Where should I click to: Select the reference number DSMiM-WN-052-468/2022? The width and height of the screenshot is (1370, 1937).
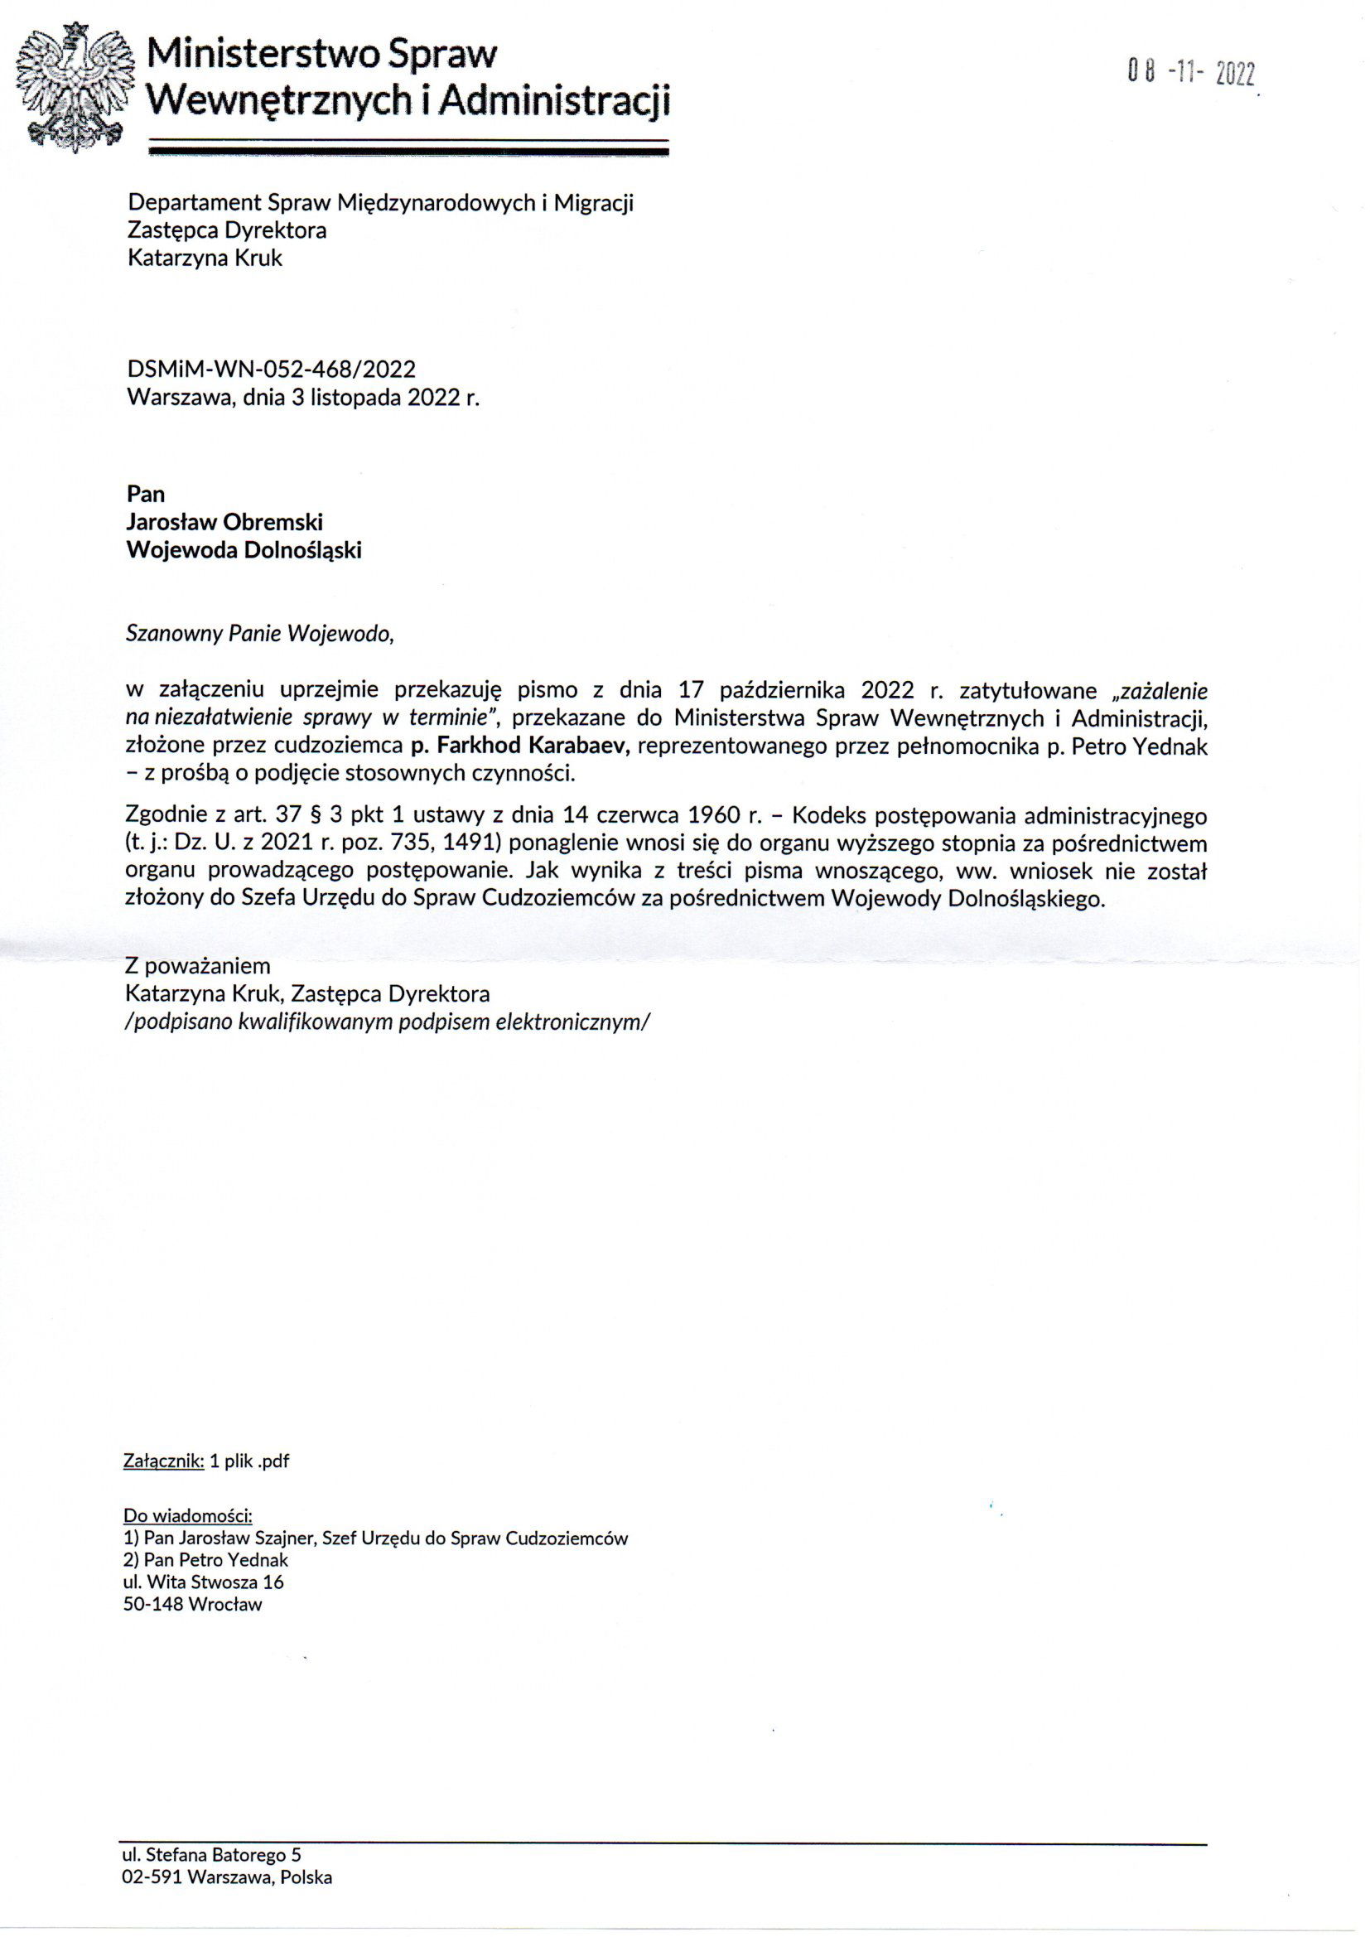(271, 369)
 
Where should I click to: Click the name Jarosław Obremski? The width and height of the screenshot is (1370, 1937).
(224, 522)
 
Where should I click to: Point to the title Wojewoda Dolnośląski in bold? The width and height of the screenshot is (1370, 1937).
(244, 550)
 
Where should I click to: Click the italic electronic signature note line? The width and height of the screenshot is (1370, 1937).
(388, 1022)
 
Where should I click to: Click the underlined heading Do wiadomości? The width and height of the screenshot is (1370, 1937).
(187, 1516)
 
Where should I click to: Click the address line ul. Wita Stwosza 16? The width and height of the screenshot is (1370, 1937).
(203, 1582)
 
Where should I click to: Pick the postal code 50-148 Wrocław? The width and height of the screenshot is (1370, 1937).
(192, 1605)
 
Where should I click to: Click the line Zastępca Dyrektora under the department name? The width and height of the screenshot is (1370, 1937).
(227, 230)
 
